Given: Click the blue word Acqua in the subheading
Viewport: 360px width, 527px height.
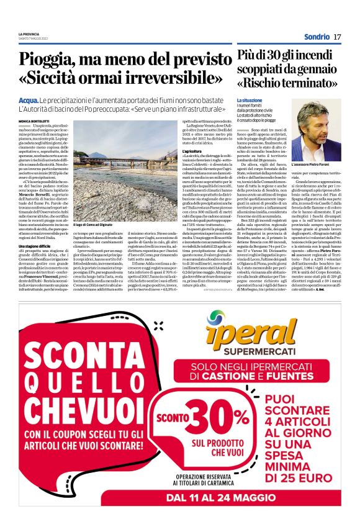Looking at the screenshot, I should (29, 100).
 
